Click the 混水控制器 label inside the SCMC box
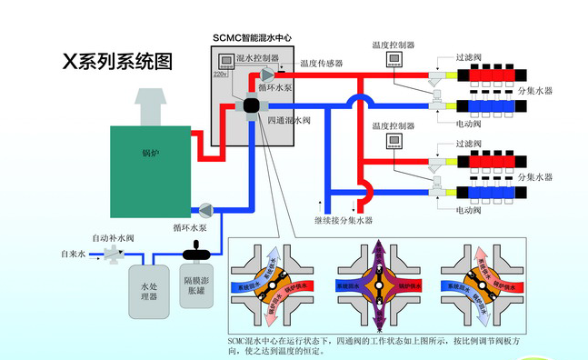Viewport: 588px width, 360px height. [256, 58]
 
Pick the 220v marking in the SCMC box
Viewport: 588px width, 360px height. [221, 74]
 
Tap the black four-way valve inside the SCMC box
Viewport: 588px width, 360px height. [252, 107]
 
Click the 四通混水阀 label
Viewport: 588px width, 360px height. [288, 120]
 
